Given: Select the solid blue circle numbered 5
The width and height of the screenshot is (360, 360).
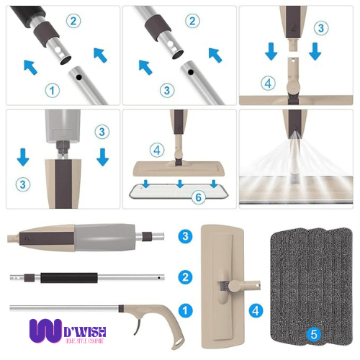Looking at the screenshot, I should (x=313, y=334).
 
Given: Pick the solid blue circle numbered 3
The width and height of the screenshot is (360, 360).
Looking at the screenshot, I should (x=185, y=235).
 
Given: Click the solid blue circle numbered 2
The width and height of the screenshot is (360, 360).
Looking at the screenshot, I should (x=185, y=276).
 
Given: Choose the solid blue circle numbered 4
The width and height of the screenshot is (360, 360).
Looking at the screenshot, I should (x=255, y=312).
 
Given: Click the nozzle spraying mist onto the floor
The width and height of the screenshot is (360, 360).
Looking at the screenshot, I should (x=294, y=134).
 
